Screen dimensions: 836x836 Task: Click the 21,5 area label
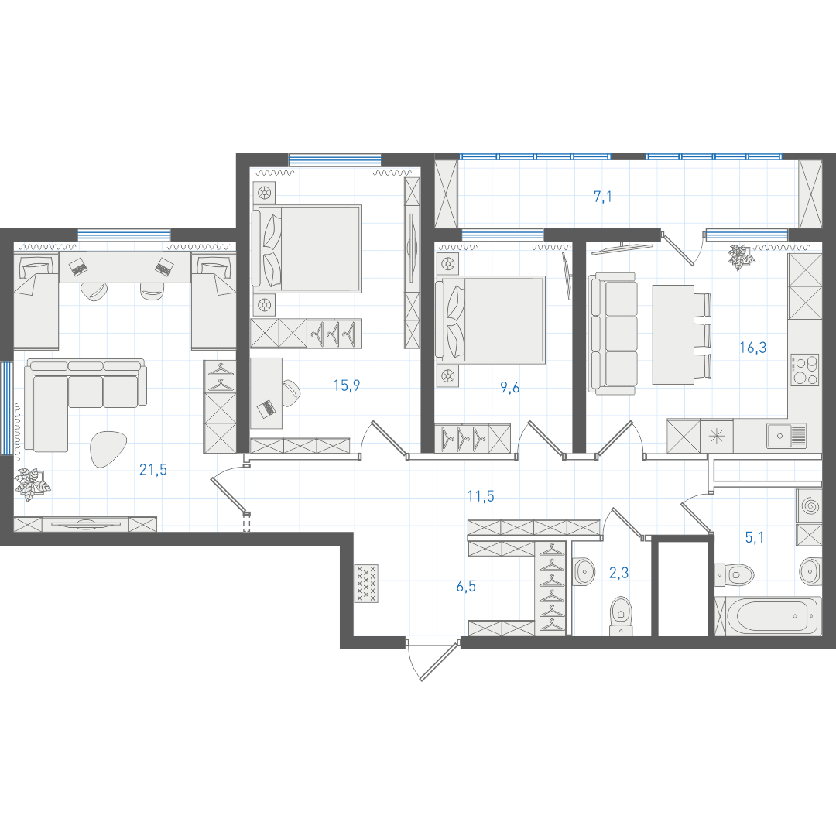point(153,470)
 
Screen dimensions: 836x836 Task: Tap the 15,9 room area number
point(347,385)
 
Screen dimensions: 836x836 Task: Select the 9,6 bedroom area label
point(509,388)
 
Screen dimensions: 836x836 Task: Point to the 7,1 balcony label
point(603,197)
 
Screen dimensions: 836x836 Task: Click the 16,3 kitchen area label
point(753,348)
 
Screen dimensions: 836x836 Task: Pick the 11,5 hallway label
point(481,496)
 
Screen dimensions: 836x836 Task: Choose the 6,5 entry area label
point(466,587)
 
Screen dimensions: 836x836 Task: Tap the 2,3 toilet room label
point(619,573)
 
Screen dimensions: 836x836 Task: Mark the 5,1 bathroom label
point(755,537)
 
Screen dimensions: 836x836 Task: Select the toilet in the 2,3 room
point(621,615)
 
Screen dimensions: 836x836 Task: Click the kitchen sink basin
point(779,436)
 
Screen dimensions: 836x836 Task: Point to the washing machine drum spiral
point(810,505)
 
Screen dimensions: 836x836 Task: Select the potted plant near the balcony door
point(742,257)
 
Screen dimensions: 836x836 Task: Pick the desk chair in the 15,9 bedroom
point(290,393)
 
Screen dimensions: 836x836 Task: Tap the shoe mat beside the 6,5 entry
point(366,584)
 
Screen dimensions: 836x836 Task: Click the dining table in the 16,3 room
point(673,334)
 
